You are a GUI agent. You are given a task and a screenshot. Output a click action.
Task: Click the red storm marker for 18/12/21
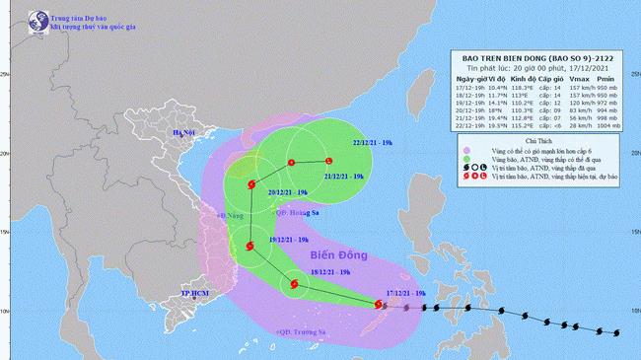click(293, 287)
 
